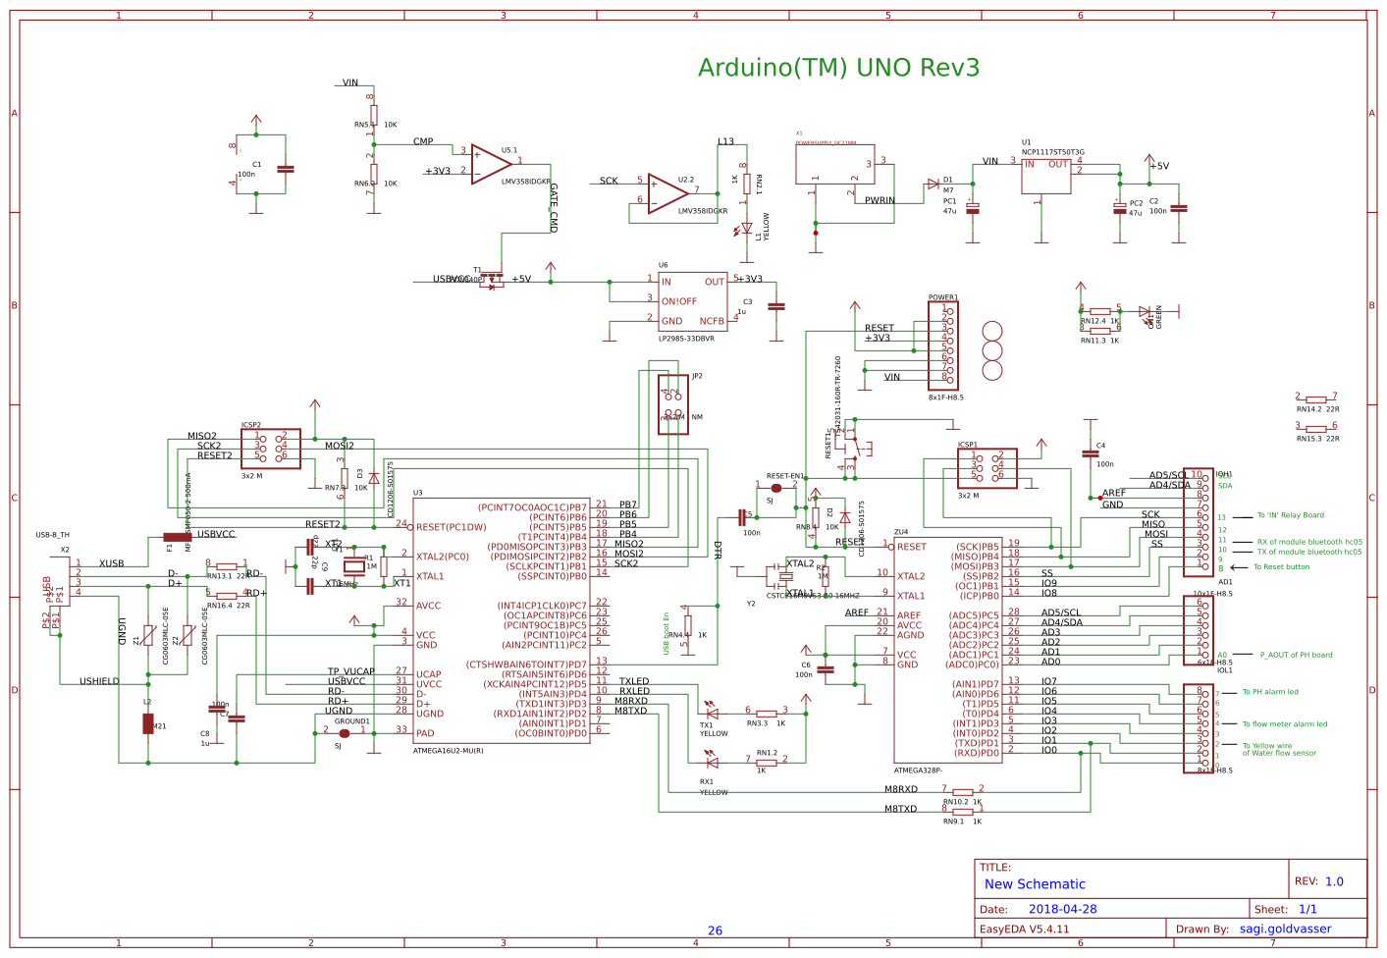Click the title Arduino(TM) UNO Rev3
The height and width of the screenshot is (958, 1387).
point(838,68)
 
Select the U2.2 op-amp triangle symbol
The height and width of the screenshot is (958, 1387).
point(667,192)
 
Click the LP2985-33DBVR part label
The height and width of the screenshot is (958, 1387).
point(686,338)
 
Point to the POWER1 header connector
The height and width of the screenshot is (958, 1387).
point(943,346)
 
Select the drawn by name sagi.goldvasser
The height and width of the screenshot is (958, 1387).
point(1285,928)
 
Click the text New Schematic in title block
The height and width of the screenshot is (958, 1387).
point(1035,884)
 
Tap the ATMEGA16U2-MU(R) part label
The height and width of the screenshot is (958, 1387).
point(448,751)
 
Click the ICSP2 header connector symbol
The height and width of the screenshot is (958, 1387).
point(270,448)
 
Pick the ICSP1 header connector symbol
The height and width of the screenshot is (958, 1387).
point(987,467)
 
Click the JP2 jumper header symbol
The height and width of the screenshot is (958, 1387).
point(672,403)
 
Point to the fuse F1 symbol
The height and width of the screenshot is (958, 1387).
point(177,537)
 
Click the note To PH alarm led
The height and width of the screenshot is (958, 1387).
point(1269,692)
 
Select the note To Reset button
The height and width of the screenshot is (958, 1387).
point(1281,567)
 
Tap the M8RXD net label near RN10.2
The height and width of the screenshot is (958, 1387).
point(900,789)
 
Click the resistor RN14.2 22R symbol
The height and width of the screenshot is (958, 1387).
point(1315,399)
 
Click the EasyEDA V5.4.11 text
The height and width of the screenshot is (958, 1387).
point(1024,929)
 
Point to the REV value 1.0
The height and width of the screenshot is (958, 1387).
point(1333,881)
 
